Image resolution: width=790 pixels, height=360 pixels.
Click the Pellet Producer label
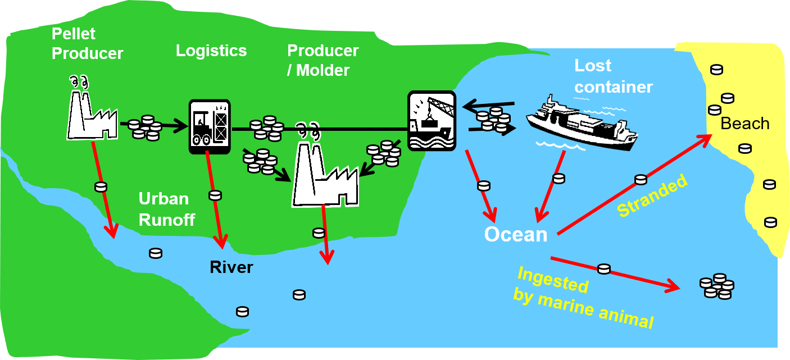point(87,44)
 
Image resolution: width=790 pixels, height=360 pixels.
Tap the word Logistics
point(211,51)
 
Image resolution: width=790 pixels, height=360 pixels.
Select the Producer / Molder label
point(323,60)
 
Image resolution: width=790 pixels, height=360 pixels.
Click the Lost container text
point(613,77)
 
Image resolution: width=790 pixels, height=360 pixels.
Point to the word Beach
point(744,124)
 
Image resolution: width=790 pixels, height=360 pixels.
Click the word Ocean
point(516,234)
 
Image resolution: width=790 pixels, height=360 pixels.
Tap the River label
point(231,267)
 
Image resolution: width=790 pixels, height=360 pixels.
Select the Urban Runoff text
point(167,209)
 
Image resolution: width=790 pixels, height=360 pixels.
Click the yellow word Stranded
point(652,195)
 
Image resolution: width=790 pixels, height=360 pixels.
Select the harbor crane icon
point(431,120)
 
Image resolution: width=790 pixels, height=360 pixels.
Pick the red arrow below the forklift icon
point(215,199)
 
